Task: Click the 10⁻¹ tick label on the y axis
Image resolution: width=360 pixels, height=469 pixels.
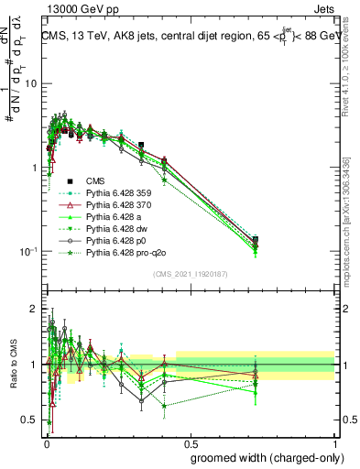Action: pyautogui.click(x=27, y=251)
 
